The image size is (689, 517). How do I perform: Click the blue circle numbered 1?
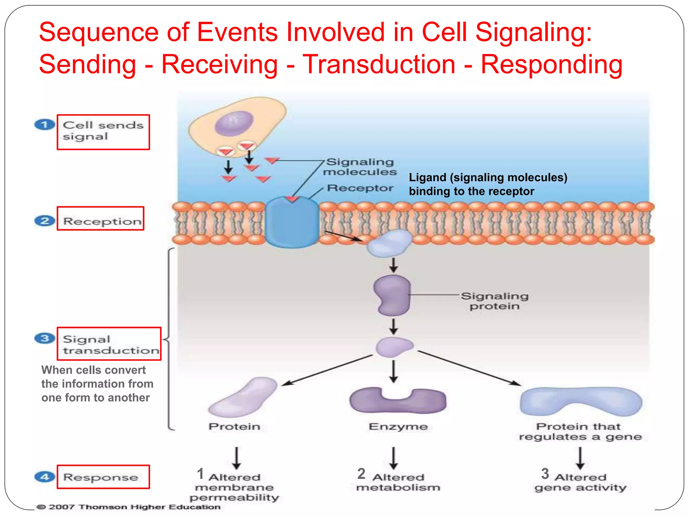click(x=44, y=125)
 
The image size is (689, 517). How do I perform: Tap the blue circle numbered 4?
click(x=44, y=477)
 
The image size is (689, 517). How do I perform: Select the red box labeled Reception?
click(x=101, y=218)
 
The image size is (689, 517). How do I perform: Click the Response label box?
click(x=103, y=477)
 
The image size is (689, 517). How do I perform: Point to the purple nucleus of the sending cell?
click(x=234, y=124)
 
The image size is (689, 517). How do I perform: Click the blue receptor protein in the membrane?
click(x=292, y=222)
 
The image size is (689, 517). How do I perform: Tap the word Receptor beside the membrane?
click(x=360, y=188)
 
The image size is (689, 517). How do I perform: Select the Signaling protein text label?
click(x=494, y=301)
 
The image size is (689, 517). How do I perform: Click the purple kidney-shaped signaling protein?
click(x=392, y=295)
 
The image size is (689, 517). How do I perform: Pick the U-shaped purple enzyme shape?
click(x=398, y=401)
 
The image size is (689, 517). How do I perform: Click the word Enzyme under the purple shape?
click(x=398, y=427)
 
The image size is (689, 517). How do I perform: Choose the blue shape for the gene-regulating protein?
click(x=581, y=401)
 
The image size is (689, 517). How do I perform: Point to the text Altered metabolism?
click(x=398, y=482)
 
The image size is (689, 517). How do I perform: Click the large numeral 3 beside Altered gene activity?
click(x=545, y=474)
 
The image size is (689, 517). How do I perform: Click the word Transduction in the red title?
click(x=378, y=64)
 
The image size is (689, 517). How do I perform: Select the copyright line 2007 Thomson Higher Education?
click(x=128, y=507)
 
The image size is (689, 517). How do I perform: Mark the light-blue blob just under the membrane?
click(x=389, y=243)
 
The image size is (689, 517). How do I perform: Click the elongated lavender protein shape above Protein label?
click(x=242, y=397)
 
